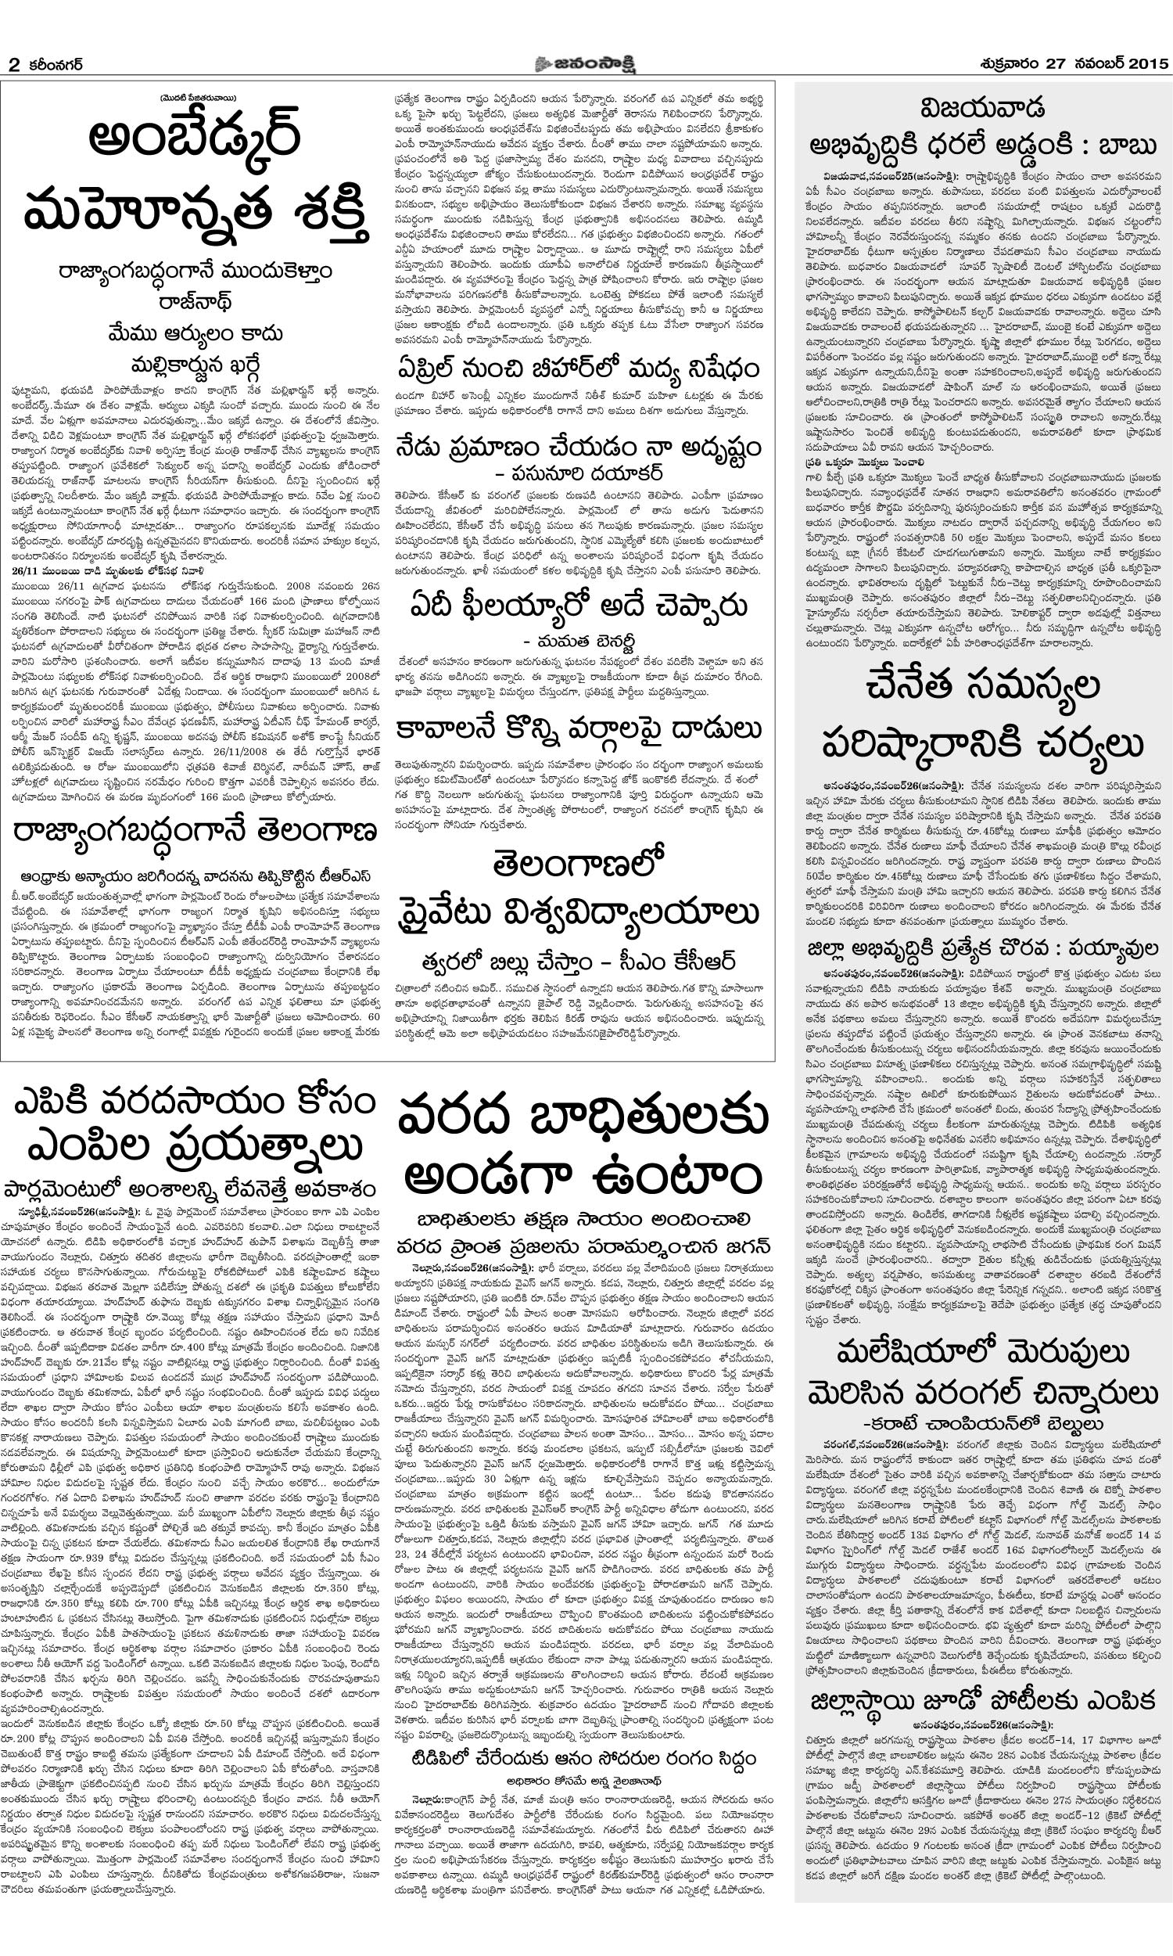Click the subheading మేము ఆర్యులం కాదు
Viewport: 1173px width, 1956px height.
(195, 333)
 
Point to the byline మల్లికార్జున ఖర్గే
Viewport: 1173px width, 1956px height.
(195, 365)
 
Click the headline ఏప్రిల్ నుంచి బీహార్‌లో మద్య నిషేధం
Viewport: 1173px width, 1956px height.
(579, 369)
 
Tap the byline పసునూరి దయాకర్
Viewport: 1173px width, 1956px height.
(579, 473)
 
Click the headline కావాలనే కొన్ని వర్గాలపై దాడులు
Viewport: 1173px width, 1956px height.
(579, 728)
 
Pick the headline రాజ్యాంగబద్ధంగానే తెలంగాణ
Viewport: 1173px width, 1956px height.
(195, 832)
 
